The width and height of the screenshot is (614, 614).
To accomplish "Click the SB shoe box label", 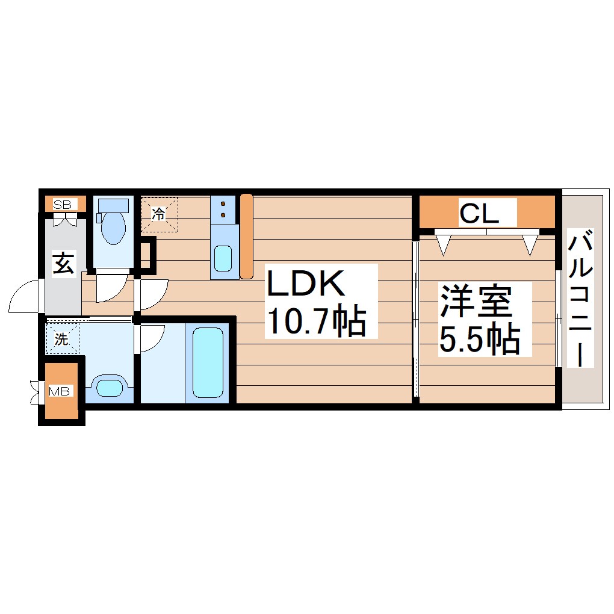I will pyautogui.click(x=62, y=205).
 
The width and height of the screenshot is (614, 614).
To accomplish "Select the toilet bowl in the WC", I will pyautogui.click(x=113, y=229).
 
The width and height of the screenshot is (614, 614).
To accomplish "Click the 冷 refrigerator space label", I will pyautogui.click(x=158, y=213).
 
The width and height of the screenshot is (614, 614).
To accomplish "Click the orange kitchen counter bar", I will pyautogui.click(x=246, y=236).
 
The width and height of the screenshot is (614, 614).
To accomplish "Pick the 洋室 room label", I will pyautogui.click(x=476, y=302).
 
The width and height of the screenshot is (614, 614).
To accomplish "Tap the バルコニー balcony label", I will pyautogui.click(x=581, y=298).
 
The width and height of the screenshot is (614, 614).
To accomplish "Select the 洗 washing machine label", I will pyautogui.click(x=61, y=339).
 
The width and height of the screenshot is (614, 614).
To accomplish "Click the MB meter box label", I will pyautogui.click(x=60, y=392).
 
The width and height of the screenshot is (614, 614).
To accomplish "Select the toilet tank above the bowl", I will pyautogui.click(x=114, y=205).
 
